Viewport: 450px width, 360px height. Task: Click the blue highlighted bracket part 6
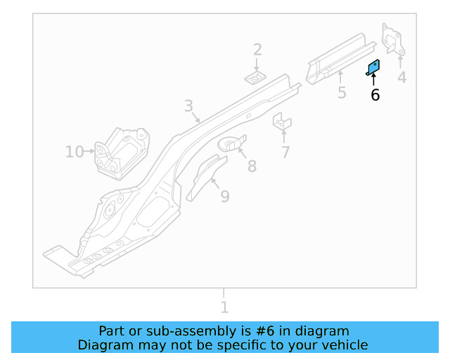373,67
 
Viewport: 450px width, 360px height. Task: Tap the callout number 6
375,95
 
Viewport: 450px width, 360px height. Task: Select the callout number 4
401,77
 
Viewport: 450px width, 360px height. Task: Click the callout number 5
342,93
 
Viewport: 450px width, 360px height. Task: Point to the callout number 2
257,49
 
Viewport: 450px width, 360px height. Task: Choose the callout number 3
188,106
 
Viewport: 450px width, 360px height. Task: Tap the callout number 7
285,152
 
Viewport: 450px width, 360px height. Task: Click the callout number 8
252,166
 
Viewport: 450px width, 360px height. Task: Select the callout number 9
224,196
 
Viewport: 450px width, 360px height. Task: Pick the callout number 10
74,151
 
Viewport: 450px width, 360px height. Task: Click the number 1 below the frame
224,307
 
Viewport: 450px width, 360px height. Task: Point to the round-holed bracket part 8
233,143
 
